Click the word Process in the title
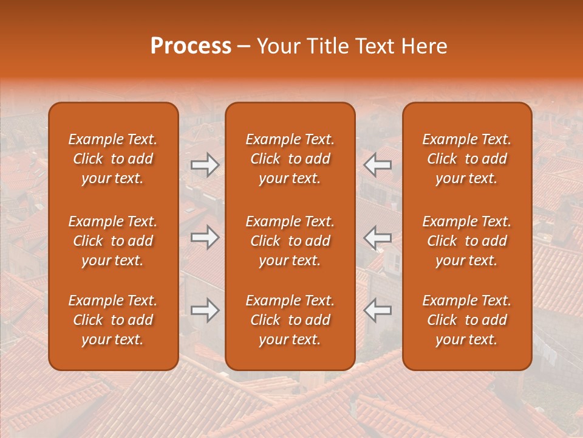coord(191,46)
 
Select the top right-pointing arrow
coord(205,165)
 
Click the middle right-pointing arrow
coord(205,237)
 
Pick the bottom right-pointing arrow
coord(205,310)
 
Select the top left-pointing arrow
coord(377,165)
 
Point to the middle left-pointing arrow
coord(377,237)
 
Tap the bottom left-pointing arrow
coord(377,310)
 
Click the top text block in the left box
coord(113,159)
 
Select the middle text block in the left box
coord(113,241)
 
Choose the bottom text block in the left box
coord(113,320)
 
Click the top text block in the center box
coord(290,159)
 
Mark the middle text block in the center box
coord(290,241)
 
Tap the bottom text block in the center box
coord(290,320)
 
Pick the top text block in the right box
coord(466,159)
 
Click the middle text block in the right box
coord(466,241)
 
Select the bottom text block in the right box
coord(466,320)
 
